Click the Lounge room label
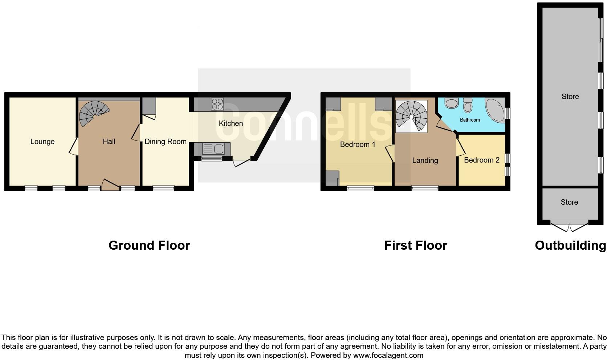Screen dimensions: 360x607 (42, 142)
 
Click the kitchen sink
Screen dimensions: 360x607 (214, 149)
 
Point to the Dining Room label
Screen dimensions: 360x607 (166, 142)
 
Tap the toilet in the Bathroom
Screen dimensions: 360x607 (468, 106)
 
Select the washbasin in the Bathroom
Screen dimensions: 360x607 (451, 103)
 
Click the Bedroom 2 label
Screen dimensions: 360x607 (481, 160)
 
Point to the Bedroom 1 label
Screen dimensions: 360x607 (357, 144)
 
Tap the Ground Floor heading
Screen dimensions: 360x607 (149, 245)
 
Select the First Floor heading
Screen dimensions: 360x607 (415, 245)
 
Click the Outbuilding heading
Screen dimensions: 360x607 (570, 245)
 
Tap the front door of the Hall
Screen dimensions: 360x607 (111, 185)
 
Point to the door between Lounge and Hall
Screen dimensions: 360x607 (74, 146)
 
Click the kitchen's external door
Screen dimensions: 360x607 (242, 163)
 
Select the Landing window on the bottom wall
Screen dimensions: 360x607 (425, 188)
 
